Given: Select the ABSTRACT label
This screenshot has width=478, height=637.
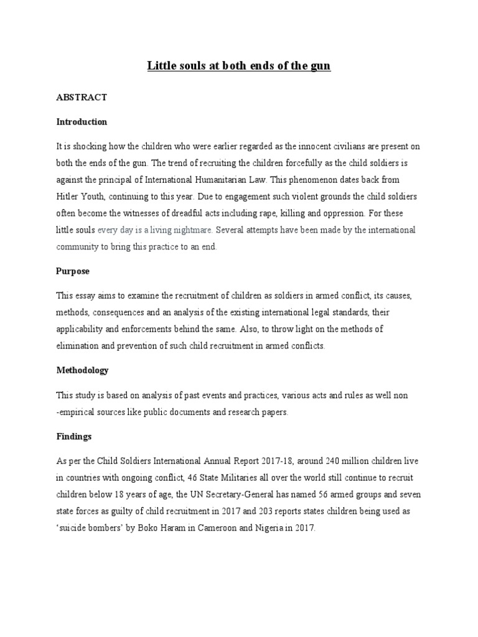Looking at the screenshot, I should point(82,97).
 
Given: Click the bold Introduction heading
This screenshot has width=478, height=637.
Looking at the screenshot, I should point(82,121).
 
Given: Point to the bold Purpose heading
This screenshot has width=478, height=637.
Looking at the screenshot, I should point(73,271).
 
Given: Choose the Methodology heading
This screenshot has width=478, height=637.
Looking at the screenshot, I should point(82,370).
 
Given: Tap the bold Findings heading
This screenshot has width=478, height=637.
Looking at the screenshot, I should point(74,437).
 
